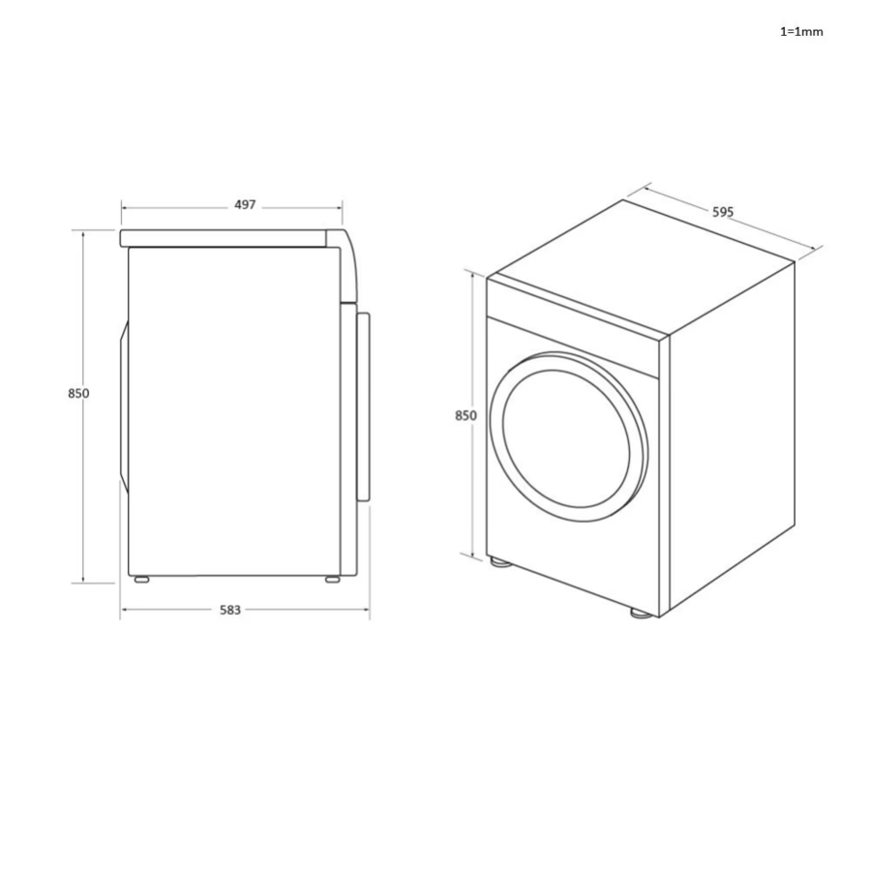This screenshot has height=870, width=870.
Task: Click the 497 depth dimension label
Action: tap(245, 205)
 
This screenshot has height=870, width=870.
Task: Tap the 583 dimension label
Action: tap(230, 610)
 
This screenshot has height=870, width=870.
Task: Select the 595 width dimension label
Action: tap(724, 211)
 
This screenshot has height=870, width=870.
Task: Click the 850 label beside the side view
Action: tap(79, 393)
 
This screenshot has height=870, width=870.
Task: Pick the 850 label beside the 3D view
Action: tap(465, 415)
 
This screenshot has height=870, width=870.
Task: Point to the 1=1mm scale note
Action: tap(801, 31)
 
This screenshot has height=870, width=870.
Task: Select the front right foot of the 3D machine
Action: tap(640, 612)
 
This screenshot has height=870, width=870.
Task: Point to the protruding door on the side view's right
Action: tap(363, 406)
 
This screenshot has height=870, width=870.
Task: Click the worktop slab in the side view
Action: tap(227, 237)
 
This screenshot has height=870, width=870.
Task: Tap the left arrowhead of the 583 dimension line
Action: tap(124, 610)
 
